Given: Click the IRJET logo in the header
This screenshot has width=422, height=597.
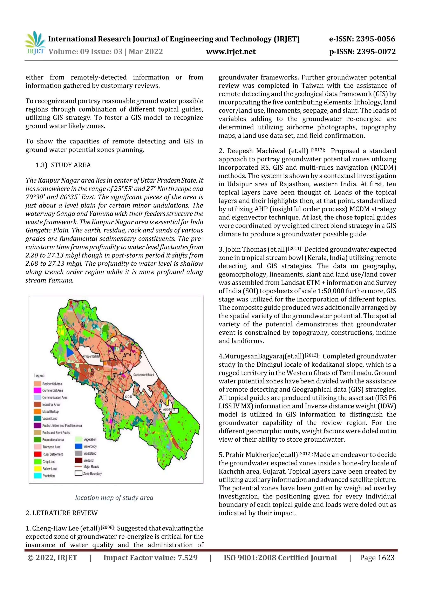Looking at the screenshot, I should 35,43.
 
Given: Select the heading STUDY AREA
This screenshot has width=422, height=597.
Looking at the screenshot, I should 71,165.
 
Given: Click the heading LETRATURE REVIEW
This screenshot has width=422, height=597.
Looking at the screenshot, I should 62,513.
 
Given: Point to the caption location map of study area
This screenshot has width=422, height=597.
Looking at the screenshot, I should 114,497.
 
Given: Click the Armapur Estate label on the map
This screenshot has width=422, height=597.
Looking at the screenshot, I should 91,356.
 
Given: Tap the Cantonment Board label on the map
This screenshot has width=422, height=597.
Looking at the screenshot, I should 144,375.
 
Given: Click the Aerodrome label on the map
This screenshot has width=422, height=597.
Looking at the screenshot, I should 169,409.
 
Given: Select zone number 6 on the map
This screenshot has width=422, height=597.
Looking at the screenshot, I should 83,325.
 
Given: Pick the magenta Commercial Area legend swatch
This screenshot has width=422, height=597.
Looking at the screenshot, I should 38,391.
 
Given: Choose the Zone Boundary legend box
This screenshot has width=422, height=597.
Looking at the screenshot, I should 79,474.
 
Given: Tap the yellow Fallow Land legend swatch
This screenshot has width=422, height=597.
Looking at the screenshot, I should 38,469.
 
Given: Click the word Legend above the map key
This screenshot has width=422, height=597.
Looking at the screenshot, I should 39,375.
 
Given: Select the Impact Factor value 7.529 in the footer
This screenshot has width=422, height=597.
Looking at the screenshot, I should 188,557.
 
